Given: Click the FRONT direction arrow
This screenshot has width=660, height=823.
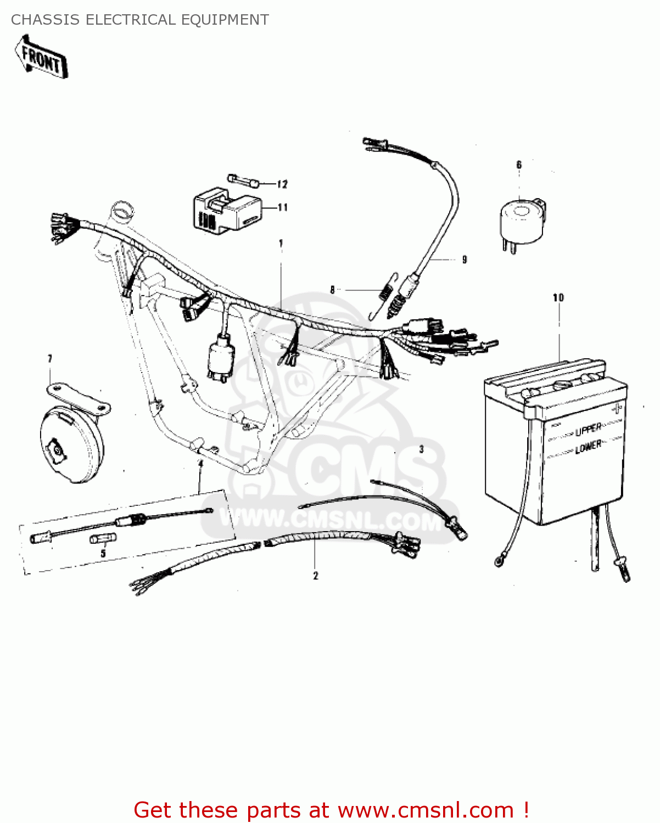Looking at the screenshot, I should [x=41, y=57].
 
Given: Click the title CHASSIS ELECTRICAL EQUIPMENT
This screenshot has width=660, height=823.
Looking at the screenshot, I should [x=139, y=20].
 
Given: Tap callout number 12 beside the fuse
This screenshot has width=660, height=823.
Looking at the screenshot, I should [x=282, y=184].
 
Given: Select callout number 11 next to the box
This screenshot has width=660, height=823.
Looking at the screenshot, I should [x=282, y=207].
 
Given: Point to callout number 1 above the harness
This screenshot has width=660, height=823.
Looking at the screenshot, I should [x=281, y=243].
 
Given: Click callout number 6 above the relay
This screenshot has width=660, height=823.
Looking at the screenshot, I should [x=519, y=165].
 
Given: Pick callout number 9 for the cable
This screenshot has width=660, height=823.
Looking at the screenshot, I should [x=465, y=260].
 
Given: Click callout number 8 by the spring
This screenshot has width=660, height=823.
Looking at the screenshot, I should [x=332, y=290].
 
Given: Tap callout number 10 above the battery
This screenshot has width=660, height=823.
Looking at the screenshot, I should [x=558, y=297].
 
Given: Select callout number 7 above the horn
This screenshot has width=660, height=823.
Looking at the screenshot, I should [x=50, y=359].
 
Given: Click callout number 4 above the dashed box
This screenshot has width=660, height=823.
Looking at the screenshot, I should [x=200, y=464].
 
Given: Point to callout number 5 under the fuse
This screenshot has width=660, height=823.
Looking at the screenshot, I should [x=103, y=554].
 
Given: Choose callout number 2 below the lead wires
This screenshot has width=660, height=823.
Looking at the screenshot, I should [x=315, y=576].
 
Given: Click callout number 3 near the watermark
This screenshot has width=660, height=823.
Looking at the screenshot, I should [x=422, y=449].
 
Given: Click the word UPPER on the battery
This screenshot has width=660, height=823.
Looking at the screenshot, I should [x=588, y=429].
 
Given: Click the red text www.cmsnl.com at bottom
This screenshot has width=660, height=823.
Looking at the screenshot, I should [x=426, y=810].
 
